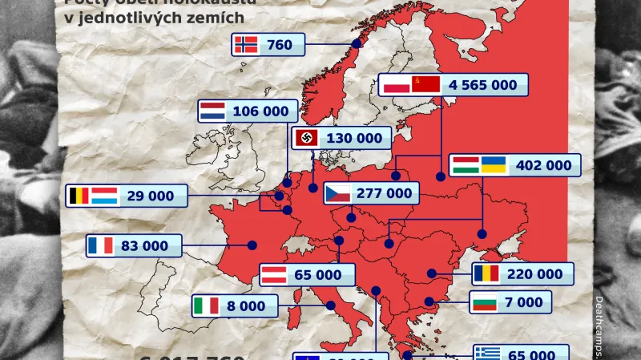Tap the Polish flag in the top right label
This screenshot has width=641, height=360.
pyautogui.click(x=394, y=85)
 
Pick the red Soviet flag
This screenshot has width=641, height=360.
pyautogui.click(x=425, y=85)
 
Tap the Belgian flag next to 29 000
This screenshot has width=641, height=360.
pyautogui.click(x=79, y=195)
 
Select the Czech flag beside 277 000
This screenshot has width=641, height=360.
pyautogui.click(x=337, y=193)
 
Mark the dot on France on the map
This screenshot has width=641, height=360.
pyautogui.click(x=252, y=245)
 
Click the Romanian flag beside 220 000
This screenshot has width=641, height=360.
pyautogui.click(x=486, y=274)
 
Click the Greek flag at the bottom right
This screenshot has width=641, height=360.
pyautogui.click(x=487, y=354)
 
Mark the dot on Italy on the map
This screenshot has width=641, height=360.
pyautogui.click(x=330, y=305)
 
